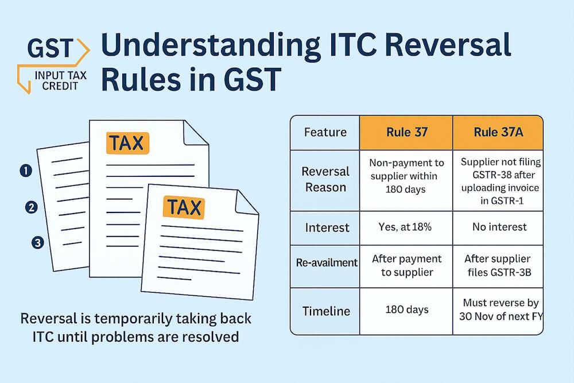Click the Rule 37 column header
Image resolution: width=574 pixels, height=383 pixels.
[x=406, y=133]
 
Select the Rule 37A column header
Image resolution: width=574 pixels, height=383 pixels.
[x=497, y=133]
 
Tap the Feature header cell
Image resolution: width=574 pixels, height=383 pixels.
[x=325, y=133]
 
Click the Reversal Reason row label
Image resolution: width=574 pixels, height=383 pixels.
[x=325, y=179]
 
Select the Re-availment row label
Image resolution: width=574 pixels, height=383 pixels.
[x=325, y=262]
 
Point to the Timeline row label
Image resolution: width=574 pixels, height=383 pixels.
[x=325, y=311]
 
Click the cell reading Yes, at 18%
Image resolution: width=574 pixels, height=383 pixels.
[x=406, y=227]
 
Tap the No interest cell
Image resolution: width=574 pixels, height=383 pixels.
[x=497, y=227]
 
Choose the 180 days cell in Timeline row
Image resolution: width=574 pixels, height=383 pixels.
[x=406, y=310]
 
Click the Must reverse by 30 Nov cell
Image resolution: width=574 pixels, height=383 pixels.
[x=497, y=310]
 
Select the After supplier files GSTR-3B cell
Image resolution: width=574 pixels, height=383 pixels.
[x=497, y=265]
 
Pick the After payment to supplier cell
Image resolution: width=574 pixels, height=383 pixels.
[x=406, y=265]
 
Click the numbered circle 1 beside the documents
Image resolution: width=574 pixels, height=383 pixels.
[x=25, y=170]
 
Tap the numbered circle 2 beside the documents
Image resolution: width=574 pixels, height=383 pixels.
[x=32, y=207]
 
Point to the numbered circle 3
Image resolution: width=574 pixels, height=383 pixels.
[x=38, y=243]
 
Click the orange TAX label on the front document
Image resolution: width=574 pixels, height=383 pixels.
[x=184, y=207]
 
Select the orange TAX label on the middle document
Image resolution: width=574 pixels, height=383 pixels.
[x=127, y=143]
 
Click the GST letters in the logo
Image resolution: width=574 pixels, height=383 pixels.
[x=51, y=50]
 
